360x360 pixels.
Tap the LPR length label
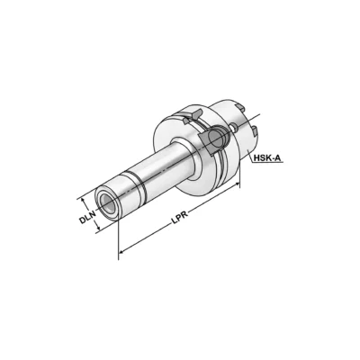[x=179, y=225]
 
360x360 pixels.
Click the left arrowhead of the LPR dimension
[x=121, y=255]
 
